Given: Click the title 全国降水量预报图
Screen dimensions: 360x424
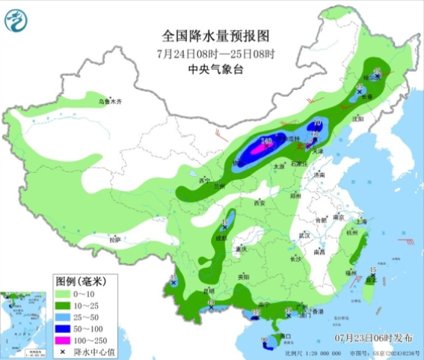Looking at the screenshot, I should (215, 35).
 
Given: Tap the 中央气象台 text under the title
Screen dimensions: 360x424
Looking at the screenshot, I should (215, 68).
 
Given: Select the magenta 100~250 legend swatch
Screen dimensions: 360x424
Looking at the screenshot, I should (66, 339).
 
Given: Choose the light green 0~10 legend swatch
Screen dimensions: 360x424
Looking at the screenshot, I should (66, 293).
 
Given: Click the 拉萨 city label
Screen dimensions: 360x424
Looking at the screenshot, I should (114, 240).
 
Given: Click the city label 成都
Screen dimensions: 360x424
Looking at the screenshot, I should (221, 237).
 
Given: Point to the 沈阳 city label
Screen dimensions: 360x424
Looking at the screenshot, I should (357, 118).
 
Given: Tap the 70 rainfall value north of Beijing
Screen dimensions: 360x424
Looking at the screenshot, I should (317, 124).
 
